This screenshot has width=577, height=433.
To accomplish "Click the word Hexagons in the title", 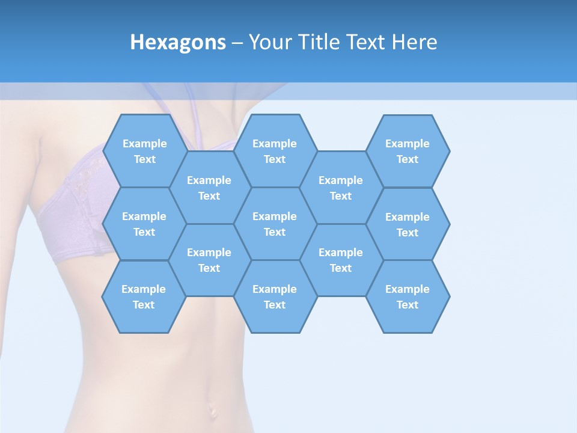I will click(x=178, y=43).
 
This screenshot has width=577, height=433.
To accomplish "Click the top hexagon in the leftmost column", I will click(x=144, y=151).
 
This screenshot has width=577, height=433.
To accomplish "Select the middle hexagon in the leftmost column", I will click(x=144, y=224).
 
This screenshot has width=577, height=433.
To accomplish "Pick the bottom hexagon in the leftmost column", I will click(x=144, y=296).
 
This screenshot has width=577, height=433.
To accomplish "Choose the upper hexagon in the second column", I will click(x=209, y=188).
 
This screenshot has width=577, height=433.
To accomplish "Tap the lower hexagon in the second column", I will click(x=209, y=260).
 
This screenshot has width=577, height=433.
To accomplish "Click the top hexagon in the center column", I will click(x=275, y=151).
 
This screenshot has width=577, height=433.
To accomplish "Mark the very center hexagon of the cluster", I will click(x=275, y=224).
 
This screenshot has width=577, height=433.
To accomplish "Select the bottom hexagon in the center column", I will click(x=275, y=296).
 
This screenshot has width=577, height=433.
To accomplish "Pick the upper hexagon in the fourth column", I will click(x=341, y=188).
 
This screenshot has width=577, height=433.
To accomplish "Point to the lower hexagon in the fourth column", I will click(x=341, y=260).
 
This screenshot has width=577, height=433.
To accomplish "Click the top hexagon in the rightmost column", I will click(x=408, y=151).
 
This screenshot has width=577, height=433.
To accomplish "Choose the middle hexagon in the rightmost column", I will click(x=408, y=224).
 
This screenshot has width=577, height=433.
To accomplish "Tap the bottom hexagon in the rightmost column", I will click(x=408, y=296).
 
